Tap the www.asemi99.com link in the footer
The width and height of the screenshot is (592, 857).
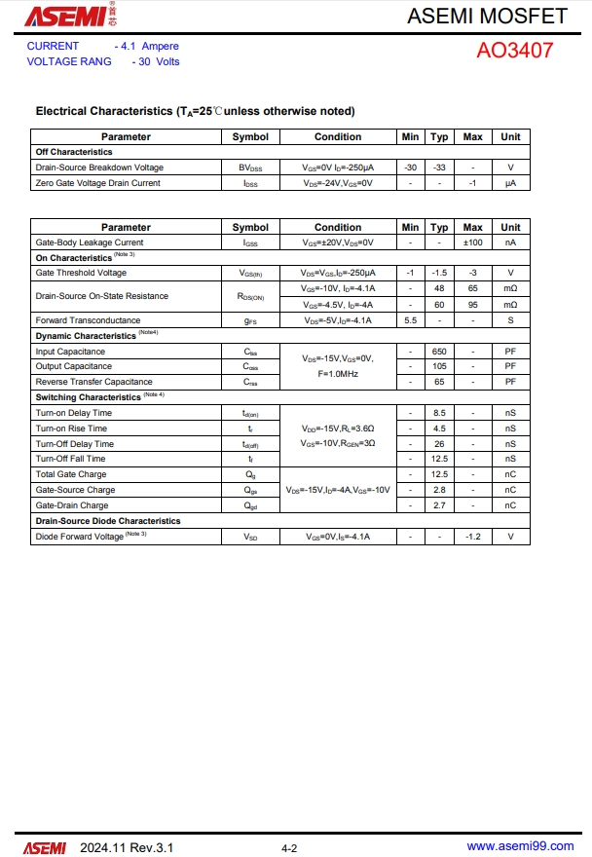(x=520, y=846)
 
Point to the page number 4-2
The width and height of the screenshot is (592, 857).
(x=289, y=848)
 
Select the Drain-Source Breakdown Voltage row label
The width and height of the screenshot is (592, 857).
(x=99, y=168)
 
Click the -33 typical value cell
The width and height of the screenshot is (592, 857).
(x=439, y=168)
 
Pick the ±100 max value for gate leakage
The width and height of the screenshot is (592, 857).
(x=472, y=242)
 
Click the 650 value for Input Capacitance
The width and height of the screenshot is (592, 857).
(x=439, y=352)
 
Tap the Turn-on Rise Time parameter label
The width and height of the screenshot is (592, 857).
(x=71, y=428)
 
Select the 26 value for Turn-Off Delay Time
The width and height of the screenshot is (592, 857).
(x=439, y=444)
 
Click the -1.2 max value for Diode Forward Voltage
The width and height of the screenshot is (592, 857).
(x=472, y=537)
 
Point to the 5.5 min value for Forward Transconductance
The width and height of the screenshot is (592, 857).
(x=410, y=320)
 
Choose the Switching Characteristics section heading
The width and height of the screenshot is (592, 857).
(x=89, y=397)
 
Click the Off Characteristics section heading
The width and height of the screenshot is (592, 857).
(x=74, y=152)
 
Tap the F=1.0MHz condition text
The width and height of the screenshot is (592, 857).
(x=338, y=374)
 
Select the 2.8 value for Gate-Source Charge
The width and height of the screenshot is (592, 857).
(x=439, y=490)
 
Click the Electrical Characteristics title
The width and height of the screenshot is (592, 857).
(x=195, y=111)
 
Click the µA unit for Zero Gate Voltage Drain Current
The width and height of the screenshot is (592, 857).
(x=510, y=183)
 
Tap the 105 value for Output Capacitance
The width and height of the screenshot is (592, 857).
(x=439, y=366)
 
